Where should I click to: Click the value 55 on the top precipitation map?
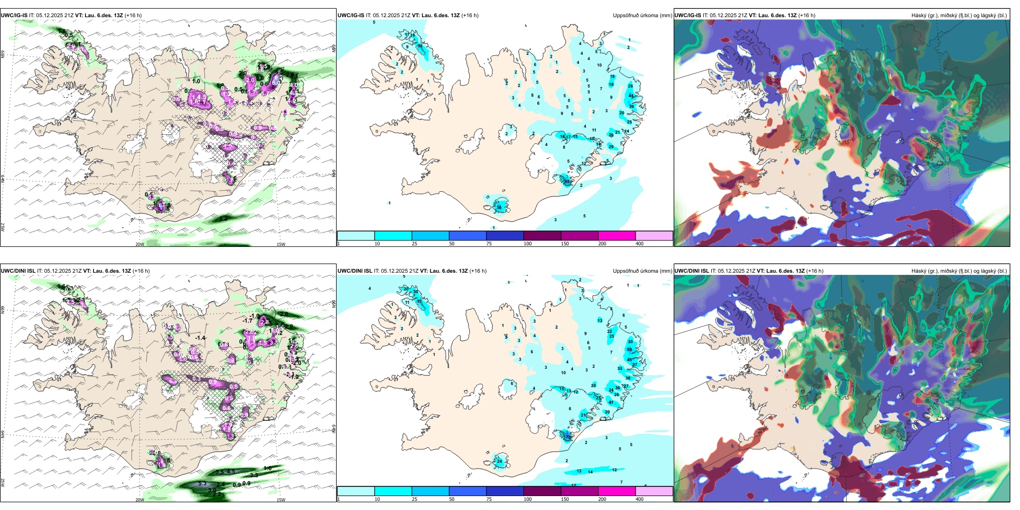pyautogui.click(x=567, y=181)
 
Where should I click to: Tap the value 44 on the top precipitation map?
pyautogui.click(x=631, y=96)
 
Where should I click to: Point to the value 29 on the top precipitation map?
pyautogui.click(x=611, y=147)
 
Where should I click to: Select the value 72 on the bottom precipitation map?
pyautogui.click(x=568, y=438)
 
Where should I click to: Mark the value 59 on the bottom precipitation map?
pyautogui.click(x=630, y=349)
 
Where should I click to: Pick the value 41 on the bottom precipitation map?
pyautogui.click(x=611, y=402)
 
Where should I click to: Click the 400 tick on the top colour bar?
pyautogui.click(x=639, y=244)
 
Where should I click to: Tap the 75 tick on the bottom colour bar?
pyautogui.click(x=489, y=499)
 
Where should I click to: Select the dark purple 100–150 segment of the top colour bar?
pyautogui.click(x=542, y=236)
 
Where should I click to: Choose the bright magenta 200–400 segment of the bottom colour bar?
pyautogui.click(x=617, y=491)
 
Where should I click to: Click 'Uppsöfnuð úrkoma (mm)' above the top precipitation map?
pyautogui.click(x=642, y=16)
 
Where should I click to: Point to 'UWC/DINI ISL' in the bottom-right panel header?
pyautogui.click(x=691, y=271)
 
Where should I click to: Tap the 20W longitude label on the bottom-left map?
pyautogui.click(x=140, y=500)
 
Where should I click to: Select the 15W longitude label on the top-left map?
pyautogui.click(x=280, y=244)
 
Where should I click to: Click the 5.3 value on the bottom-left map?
pyautogui.click(x=202, y=484)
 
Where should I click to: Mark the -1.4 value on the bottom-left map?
pyautogui.click(x=200, y=338)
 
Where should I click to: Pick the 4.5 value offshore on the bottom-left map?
pyautogui.click(x=231, y=472)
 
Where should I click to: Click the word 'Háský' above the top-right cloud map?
pyautogui.click(x=919, y=16)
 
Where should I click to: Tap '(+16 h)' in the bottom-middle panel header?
pyautogui.click(x=478, y=271)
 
